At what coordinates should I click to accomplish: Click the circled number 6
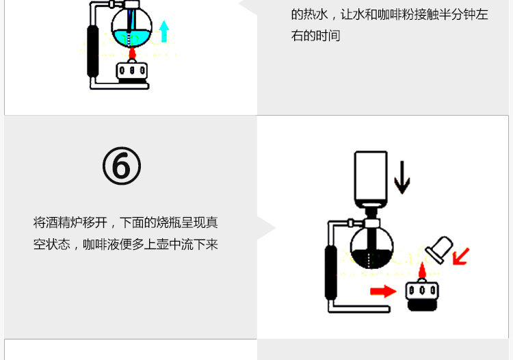(122, 166)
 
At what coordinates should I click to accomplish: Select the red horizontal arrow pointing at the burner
(383, 291)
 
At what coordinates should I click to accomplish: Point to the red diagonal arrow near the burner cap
(461, 256)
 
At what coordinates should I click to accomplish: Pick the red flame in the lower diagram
(422, 272)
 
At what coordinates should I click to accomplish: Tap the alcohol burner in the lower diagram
(421, 294)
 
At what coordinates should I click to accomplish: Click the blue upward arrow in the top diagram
(163, 31)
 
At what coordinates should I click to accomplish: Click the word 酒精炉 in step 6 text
(64, 222)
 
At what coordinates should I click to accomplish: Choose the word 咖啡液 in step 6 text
(101, 244)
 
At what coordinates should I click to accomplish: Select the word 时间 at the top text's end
(328, 36)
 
